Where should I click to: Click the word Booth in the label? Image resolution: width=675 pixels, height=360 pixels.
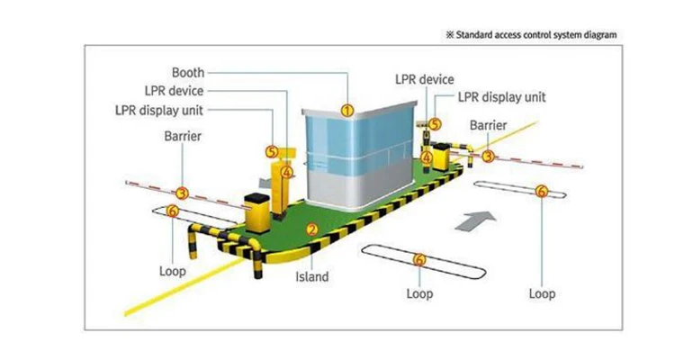coord(187,72)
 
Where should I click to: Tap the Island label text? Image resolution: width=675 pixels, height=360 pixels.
coord(312,277)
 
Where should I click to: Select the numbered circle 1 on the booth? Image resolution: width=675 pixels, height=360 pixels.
coord(346,110)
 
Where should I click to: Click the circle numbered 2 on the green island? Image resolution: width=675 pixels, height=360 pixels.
coord(311,229)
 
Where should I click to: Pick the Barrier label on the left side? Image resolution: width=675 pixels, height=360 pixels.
coord(182,136)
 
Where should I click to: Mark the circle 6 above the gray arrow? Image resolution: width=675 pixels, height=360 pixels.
coord(541,191)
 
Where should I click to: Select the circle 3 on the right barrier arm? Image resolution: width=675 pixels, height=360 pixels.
coord(488,156)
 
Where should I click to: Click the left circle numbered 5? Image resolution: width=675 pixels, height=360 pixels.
coord(271,153)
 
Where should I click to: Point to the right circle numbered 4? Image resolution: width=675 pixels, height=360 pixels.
coord(427,156)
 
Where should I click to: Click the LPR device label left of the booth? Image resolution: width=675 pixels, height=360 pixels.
coord(174,91)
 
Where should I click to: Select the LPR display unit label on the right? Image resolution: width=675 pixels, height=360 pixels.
coord(501,97)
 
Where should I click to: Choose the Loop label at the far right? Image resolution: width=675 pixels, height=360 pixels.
coord(542,293)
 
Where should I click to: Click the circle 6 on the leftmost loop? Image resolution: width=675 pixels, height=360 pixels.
coord(173,211)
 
